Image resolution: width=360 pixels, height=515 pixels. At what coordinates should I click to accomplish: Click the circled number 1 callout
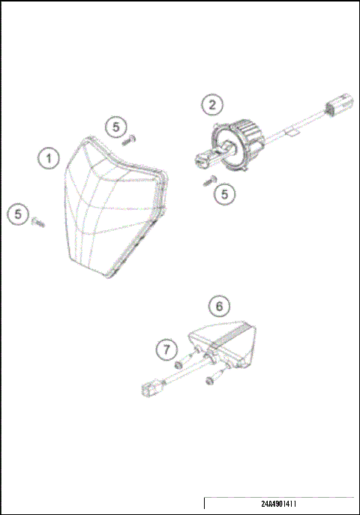[49, 158]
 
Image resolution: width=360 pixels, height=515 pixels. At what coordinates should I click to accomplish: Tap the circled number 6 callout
[219, 306]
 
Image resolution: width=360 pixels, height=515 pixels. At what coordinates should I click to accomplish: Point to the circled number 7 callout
[166, 349]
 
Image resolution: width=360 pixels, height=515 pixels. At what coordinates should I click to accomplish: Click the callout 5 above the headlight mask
[115, 127]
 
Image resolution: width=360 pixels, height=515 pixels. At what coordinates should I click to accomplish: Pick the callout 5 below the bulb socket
[224, 193]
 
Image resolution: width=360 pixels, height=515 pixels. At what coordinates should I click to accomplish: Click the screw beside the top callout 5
[132, 138]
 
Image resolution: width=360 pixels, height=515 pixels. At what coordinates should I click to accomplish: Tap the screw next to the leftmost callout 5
[38, 221]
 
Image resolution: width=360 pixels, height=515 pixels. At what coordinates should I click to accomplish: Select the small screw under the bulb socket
[211, 180]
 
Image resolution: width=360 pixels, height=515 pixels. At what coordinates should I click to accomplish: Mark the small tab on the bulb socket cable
[293, 134]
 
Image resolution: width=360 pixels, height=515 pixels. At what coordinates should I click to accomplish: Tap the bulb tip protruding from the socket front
[202, 159]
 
